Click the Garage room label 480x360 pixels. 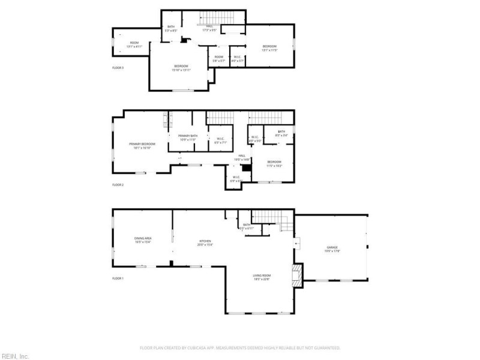click(333, 248)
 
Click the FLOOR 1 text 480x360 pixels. click(118, 279)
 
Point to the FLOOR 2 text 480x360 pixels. click(118, 185)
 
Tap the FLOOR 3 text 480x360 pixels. click(118, 68)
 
